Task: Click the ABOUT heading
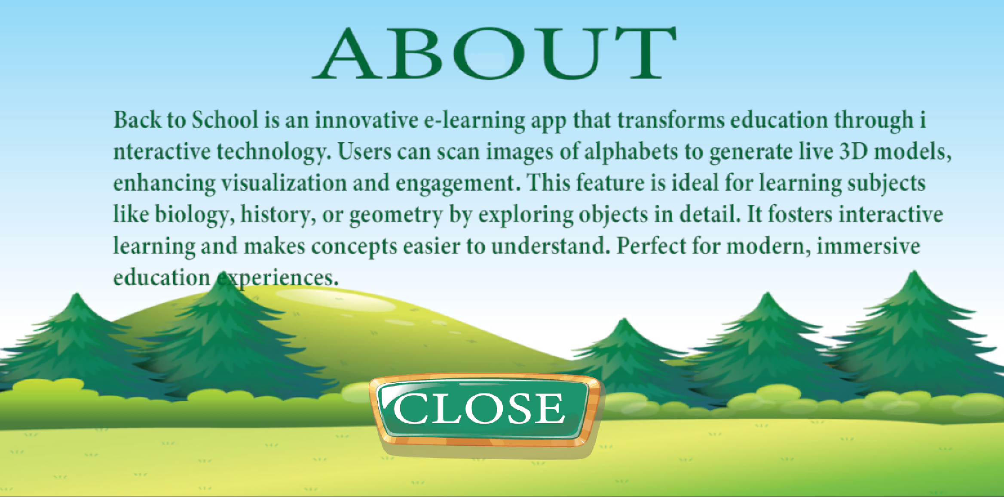pos(494,53)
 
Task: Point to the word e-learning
pos(474,121)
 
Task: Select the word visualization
pos(284,183)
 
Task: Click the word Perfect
pos(651,246)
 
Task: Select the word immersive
pos(868,246)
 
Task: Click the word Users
pos(364,151)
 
